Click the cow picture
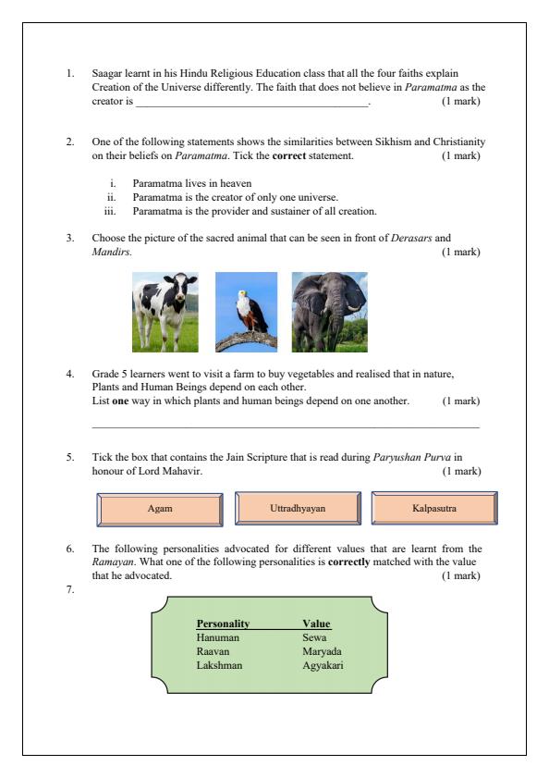165,312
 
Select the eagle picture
246,312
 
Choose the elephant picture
329,312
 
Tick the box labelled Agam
159,509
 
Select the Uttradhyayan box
297,509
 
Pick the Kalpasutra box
433,509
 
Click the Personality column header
223,624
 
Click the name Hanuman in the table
218,637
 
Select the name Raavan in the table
213,650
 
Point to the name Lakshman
220,664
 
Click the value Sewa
314,637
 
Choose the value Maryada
322,650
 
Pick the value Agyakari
323,664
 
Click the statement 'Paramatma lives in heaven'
191,183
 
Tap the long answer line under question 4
286,427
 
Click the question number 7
70,588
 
